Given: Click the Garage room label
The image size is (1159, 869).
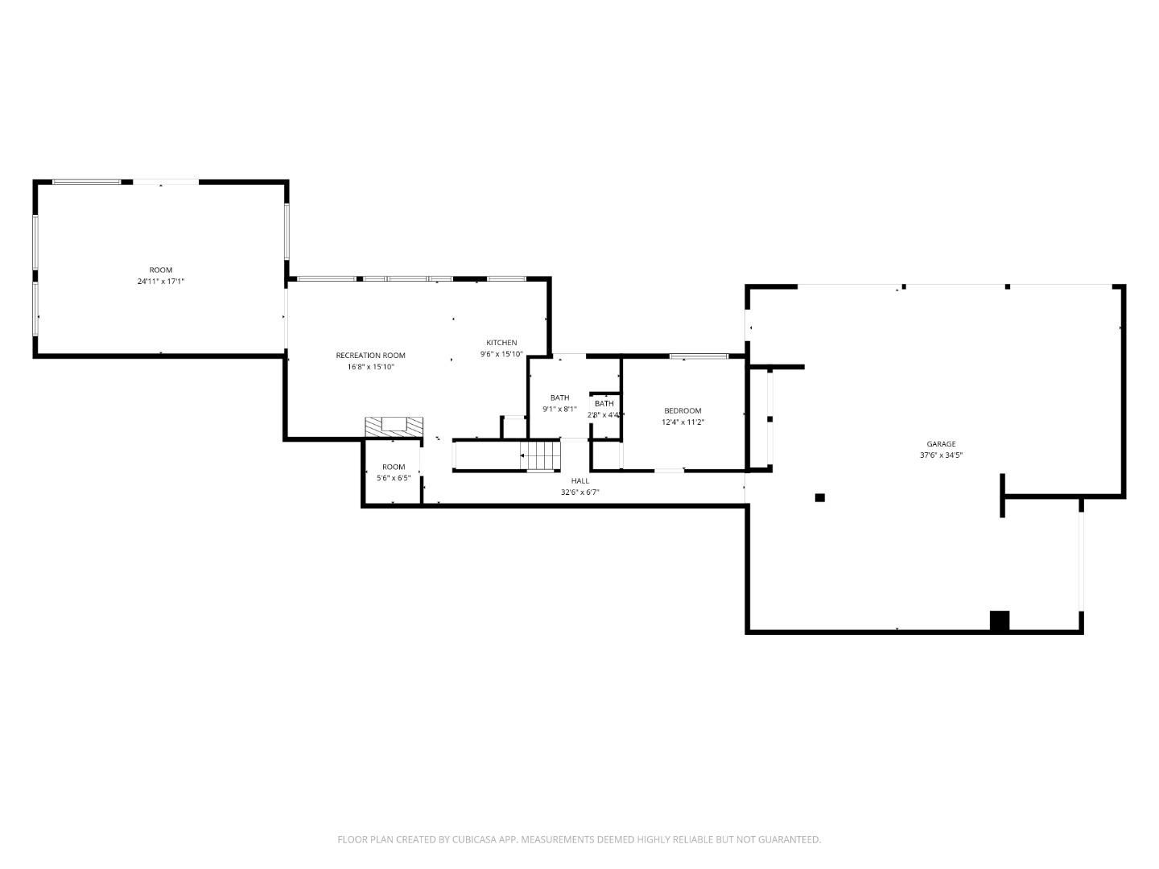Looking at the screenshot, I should pyautogui.click(x=941, y=443).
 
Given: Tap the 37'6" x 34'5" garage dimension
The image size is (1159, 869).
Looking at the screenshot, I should pyautogui.click(x=941, y=455).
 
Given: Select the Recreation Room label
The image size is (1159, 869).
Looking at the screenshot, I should pyautogui.click(x=370, y=355).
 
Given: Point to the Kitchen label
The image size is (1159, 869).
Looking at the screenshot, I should pyautogui.click(x=501, y=343).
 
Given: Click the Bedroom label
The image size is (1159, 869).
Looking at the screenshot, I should pyautogui.click(x=683, y=410).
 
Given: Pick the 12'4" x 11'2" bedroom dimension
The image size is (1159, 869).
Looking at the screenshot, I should pyautogui.click(x=683, y=422).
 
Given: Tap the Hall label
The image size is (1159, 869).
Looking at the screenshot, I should pyautogui.click(x=580, y=480).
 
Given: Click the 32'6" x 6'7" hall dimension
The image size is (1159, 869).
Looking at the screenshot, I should pyautogui.click(x=580, y=492).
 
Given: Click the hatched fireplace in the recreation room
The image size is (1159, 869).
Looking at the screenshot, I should pyautogui.click(x=394, y=426).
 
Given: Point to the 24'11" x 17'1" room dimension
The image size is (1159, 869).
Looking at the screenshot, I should pyautogui.click(x=161, y=281).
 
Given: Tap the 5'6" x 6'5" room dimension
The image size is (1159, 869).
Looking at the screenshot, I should pyautogui.click(x=394, y=477).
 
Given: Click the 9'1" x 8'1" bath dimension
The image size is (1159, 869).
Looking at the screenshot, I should pyautogui.click(x=559, y=409).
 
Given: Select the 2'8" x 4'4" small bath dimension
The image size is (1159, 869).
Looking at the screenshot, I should pyautogui.click(x=604, y=414).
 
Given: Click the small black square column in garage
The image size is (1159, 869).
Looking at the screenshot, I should pyautogui.click(x=819, y=497).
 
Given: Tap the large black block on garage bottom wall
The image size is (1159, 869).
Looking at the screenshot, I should pyautogui.click(x=999, y=620).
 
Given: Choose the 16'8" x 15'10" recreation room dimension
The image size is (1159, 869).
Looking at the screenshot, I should pyautogui.click(x=370, y=366).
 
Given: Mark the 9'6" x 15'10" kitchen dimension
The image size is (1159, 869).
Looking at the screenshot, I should pyautogui.click(x=501, y=354).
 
